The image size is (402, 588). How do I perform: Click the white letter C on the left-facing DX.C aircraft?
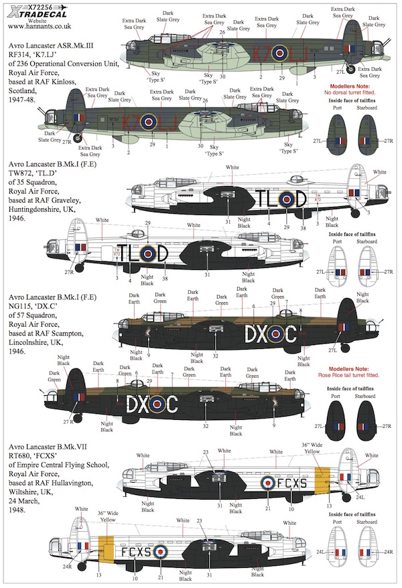170,404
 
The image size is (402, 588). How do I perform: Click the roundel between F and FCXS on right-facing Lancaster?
267,482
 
